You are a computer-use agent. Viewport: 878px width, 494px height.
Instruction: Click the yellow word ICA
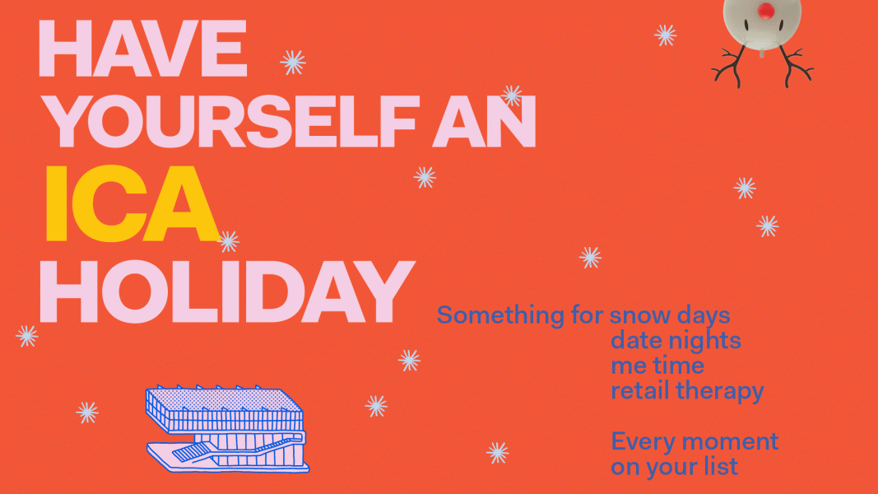point(132,205)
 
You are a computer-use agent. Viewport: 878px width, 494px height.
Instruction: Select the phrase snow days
point(670,315)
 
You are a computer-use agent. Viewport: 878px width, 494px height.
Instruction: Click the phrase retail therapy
point(686,390)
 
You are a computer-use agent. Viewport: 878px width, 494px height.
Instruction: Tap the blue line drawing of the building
point(226,428)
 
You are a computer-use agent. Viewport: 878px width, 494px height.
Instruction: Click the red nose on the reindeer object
point(766,10)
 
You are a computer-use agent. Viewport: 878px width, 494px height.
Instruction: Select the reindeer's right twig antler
point(796,68)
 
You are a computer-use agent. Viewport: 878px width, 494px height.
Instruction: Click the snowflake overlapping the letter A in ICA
point(228,241)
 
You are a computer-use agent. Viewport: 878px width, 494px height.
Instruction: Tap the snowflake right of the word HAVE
point(292,62)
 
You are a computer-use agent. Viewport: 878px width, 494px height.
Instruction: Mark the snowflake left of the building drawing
point(87,412)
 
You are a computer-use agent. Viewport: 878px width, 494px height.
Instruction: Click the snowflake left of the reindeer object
point(665,35)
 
